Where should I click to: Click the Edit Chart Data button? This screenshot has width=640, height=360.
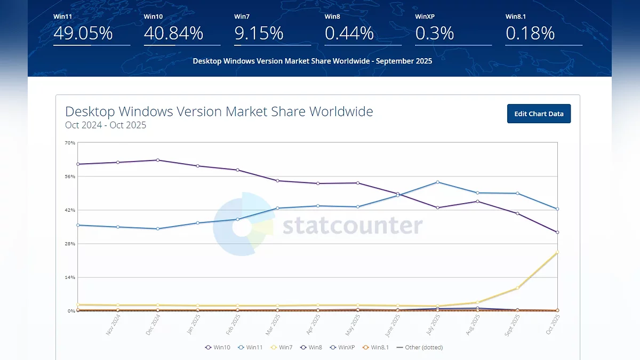tap(539, 114)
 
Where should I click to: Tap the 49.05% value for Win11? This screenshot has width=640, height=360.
tap(83, 34)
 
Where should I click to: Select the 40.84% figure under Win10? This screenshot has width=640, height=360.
tap(173, 34)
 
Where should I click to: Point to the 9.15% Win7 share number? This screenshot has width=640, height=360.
tap(259, 34)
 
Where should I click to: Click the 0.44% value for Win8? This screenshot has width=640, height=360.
tap(349, 34)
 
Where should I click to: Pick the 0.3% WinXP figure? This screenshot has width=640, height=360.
tap(435, 34)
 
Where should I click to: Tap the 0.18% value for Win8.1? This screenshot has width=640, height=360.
tap(530, 34)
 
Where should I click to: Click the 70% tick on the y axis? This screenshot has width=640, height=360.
tap(70, 143)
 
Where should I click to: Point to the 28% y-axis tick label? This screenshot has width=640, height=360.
tap(70, 244)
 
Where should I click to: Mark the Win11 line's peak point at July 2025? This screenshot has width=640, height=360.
tap(437, 182)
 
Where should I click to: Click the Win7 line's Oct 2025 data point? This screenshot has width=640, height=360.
tap(557, 252)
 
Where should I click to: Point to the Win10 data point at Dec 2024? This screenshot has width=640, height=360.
tap(158, 160)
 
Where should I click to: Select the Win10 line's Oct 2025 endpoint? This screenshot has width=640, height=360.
tap(557, 232)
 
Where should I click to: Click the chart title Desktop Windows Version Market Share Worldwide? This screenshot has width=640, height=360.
tap(219, 111)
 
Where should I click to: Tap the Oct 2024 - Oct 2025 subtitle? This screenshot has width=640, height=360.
tap(106, 125)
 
